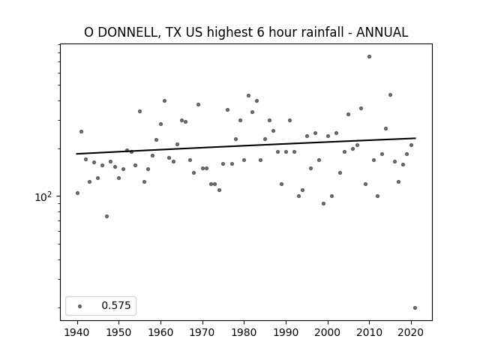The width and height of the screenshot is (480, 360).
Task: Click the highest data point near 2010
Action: click(369, 57)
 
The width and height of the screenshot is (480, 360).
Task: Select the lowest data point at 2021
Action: click(415, 308)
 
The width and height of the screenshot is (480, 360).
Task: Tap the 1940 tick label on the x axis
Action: click(77, 332)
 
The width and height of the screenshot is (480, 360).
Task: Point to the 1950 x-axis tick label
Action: click(119, 332)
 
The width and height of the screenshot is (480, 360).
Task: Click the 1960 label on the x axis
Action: click(160, 332)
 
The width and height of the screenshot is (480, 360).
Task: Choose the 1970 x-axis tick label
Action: click(202, 332)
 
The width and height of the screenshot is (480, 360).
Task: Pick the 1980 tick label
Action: click(244, 332)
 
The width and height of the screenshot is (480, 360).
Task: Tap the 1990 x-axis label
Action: click(286, 332)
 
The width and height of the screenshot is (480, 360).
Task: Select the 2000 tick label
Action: click(328, 332)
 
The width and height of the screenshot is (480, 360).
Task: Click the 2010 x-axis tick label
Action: click(369, 332)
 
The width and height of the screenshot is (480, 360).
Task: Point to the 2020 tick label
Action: click(411, 332)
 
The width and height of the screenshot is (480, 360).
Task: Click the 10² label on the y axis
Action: click(43, 196)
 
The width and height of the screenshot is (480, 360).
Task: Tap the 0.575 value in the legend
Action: click(116, 305)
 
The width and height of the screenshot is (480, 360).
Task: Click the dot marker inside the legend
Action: click(80, 306)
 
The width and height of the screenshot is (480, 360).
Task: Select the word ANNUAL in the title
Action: click(382, 32)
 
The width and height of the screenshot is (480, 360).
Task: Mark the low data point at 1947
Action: click(106, 217)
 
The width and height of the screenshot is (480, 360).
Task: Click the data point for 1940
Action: click(77, 193)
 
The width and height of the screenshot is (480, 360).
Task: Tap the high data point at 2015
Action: click(390, 95)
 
